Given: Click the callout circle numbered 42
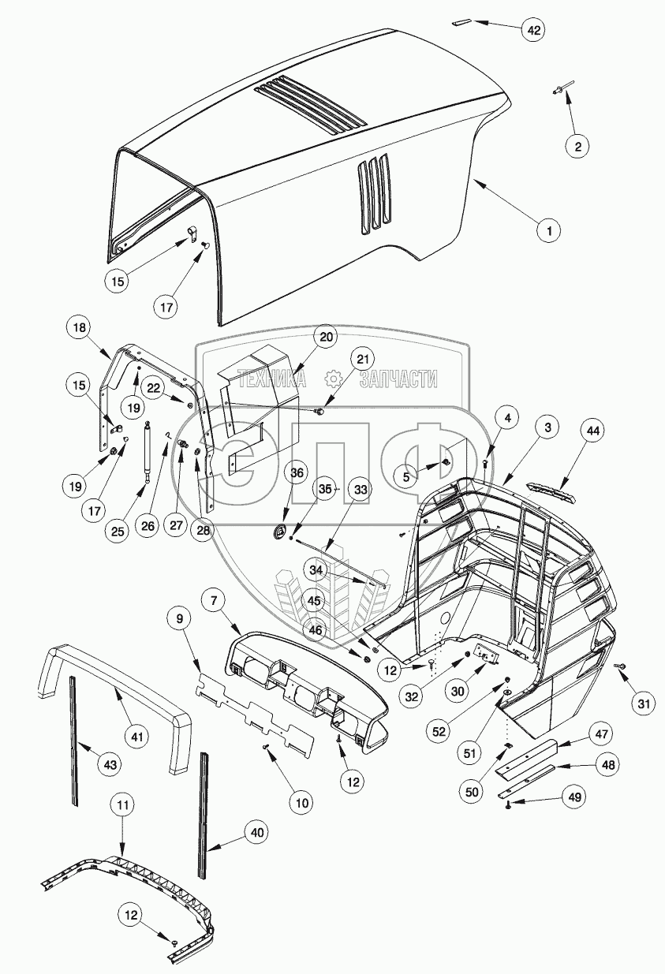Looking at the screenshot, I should point(534,30).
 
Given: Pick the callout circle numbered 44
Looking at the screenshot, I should point(593,431).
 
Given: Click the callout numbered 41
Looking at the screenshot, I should point(138,737).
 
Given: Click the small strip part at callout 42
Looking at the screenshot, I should point(460,23).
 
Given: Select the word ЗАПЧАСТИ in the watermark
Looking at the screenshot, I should point(398,379).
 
